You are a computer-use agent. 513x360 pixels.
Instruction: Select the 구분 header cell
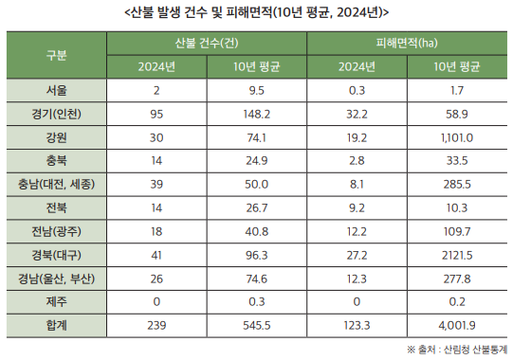point(56,55)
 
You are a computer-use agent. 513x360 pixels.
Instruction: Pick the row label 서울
point(56,90)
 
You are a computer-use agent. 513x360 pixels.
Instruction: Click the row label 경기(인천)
point(56,113)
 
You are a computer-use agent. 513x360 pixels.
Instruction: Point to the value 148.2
point(257,113)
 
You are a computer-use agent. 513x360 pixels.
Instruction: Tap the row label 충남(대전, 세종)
point(56,183)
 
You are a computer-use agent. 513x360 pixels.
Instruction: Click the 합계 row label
point(56,324)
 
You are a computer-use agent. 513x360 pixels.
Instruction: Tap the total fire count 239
point(156,324)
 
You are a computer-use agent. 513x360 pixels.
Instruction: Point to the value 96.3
point(257,254)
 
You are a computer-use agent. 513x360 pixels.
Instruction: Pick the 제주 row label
point(56,300)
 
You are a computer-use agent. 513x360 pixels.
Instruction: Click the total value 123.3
point(357,324)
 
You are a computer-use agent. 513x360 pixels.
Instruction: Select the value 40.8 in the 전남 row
point(257,230)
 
